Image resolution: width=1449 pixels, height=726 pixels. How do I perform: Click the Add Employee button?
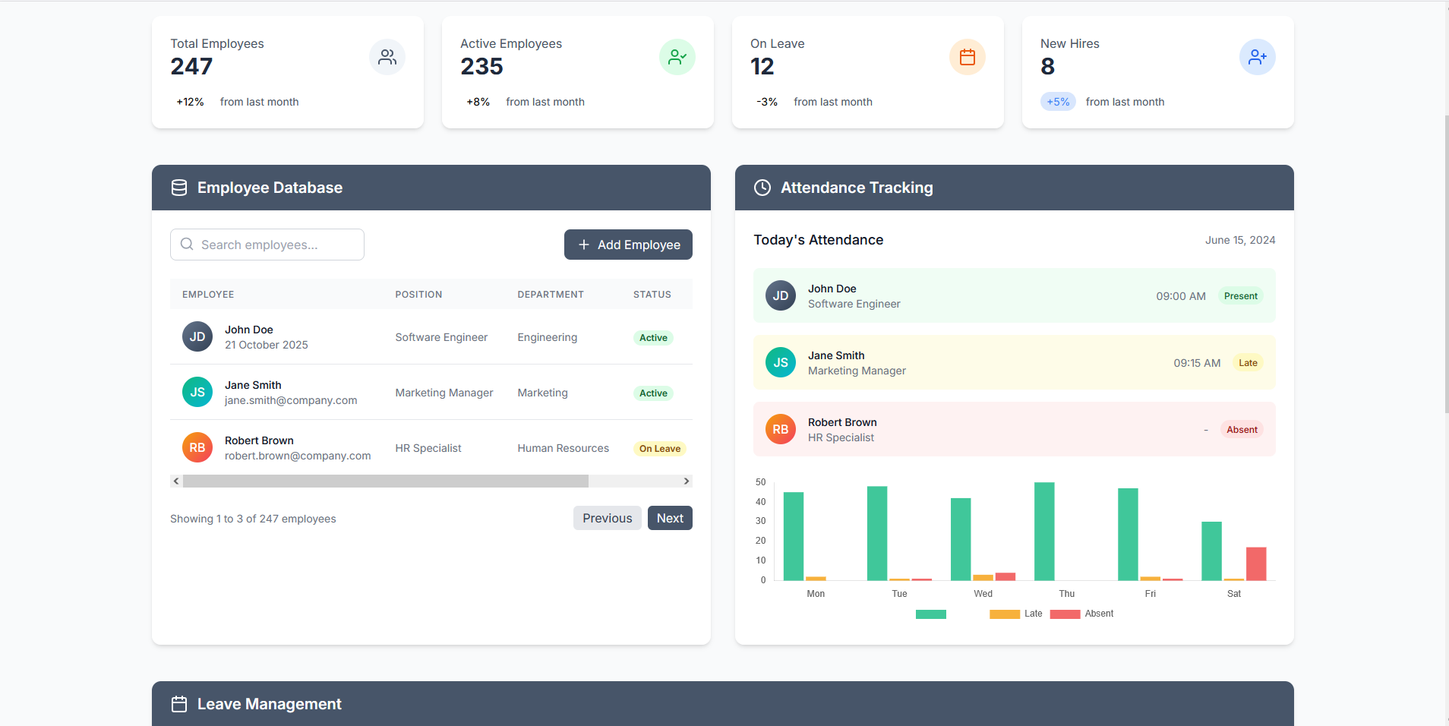pyautogui.click(x=628, y=245)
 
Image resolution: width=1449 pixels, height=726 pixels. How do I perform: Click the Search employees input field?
pyautogui.click(x=267, y=245)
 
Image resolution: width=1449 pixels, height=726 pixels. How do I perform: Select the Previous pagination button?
pyautogui.click(x=608, y=518)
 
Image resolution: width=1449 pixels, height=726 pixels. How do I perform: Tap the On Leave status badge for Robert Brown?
pyautogui.click(x=660, y=449)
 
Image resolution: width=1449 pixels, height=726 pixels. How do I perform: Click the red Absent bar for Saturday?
pyautogui.click(x=1256, y=563)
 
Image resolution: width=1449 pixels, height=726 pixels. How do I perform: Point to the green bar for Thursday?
pyautogui.click(x=1044, y=532)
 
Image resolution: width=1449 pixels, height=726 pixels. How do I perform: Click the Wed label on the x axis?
pyautogui.click(x=983, y=594)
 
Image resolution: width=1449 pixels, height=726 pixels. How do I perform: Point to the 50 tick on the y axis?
pyautogui.click(x=761, y=482)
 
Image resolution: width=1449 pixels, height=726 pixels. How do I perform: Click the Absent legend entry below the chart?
pyautogui.click(x=1082, y=614)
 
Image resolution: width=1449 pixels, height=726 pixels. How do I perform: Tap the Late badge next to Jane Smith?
pyautogui.click(x=1248, y=363)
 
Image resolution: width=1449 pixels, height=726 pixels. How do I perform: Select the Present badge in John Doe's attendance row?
pyautogui.click(x=1241, y=296)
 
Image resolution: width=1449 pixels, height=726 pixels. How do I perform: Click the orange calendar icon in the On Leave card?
pyautogui.click(x=968, y=57)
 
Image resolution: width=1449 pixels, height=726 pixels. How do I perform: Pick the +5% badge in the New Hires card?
pyautogui.click(x=1058, y=102)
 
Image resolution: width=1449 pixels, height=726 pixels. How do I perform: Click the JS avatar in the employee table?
pyautogui.click(x=197, y=392)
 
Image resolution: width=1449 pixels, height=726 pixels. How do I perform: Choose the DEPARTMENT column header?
pyautogui.click(x=551, y=295)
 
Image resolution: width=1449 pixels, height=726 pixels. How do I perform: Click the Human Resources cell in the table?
pyautogui.click(x=563, y=448)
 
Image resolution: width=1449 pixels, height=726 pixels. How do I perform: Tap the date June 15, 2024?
pyautogui.click(x=1240, y=240)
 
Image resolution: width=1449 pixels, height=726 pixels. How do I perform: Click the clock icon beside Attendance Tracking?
pyautogui.click(x=762, y=188)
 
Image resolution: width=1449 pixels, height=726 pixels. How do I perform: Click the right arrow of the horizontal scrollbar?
pyautogui.click(x=687, y=481)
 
